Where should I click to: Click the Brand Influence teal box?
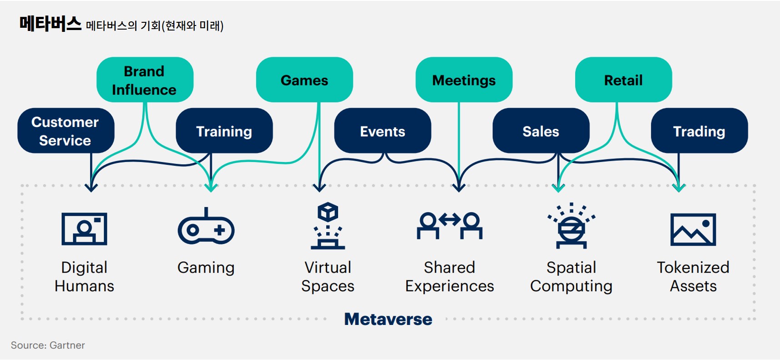point(145,80)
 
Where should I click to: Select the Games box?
point(304,80)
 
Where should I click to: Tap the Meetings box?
point(464,80)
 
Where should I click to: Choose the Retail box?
point(623,80)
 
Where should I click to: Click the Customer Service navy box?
point(66,131)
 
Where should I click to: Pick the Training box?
point(224,131)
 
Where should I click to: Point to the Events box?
point(383,131)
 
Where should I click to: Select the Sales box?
point(541,131)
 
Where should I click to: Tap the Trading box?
point(699,131)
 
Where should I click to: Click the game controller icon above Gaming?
point(206,227)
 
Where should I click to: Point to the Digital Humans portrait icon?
point(84,228)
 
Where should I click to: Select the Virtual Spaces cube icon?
point(328,226)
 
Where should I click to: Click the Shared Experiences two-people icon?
point(450,225)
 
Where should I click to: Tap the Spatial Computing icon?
point(571,226)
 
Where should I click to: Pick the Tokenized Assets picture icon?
point(693,229)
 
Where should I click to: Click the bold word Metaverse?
point(388,319)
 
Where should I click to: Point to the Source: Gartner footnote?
point(48,345)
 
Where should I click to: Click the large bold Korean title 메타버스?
point(50,24)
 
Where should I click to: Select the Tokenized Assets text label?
point(693,276)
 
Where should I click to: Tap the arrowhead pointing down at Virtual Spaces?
point(319,187)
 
